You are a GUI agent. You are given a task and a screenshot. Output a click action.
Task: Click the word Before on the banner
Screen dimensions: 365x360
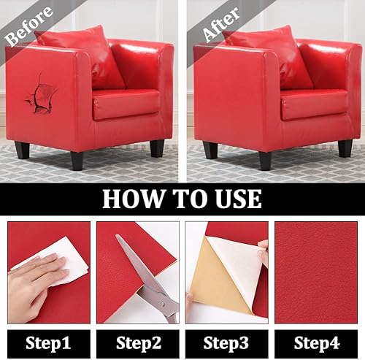(28, 26)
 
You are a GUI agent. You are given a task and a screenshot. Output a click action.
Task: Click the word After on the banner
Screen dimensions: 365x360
(221, 24)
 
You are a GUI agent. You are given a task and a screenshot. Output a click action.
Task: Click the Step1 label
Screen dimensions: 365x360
(48, 343)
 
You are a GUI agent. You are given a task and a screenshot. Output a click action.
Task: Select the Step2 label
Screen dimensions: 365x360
(139, 343)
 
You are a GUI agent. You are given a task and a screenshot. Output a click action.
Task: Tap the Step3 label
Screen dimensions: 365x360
(226, 343)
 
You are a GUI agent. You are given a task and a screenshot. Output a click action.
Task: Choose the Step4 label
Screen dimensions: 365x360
(317, 343)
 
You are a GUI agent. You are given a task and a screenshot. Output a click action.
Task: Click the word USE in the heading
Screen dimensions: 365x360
(238, 199)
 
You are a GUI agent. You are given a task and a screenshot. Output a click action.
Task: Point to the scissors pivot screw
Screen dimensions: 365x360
(162, 304)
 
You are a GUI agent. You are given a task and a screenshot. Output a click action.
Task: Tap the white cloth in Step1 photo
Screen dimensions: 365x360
(56, 261)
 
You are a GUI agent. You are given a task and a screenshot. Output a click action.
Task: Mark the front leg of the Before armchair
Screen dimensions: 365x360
(77, 161)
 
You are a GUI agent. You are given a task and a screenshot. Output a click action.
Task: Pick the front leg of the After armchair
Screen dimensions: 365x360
(265, 161)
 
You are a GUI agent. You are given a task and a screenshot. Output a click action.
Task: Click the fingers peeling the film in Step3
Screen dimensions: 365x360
(263, 253)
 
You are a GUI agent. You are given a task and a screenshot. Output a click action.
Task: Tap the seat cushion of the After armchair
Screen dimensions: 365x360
(314, 104)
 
